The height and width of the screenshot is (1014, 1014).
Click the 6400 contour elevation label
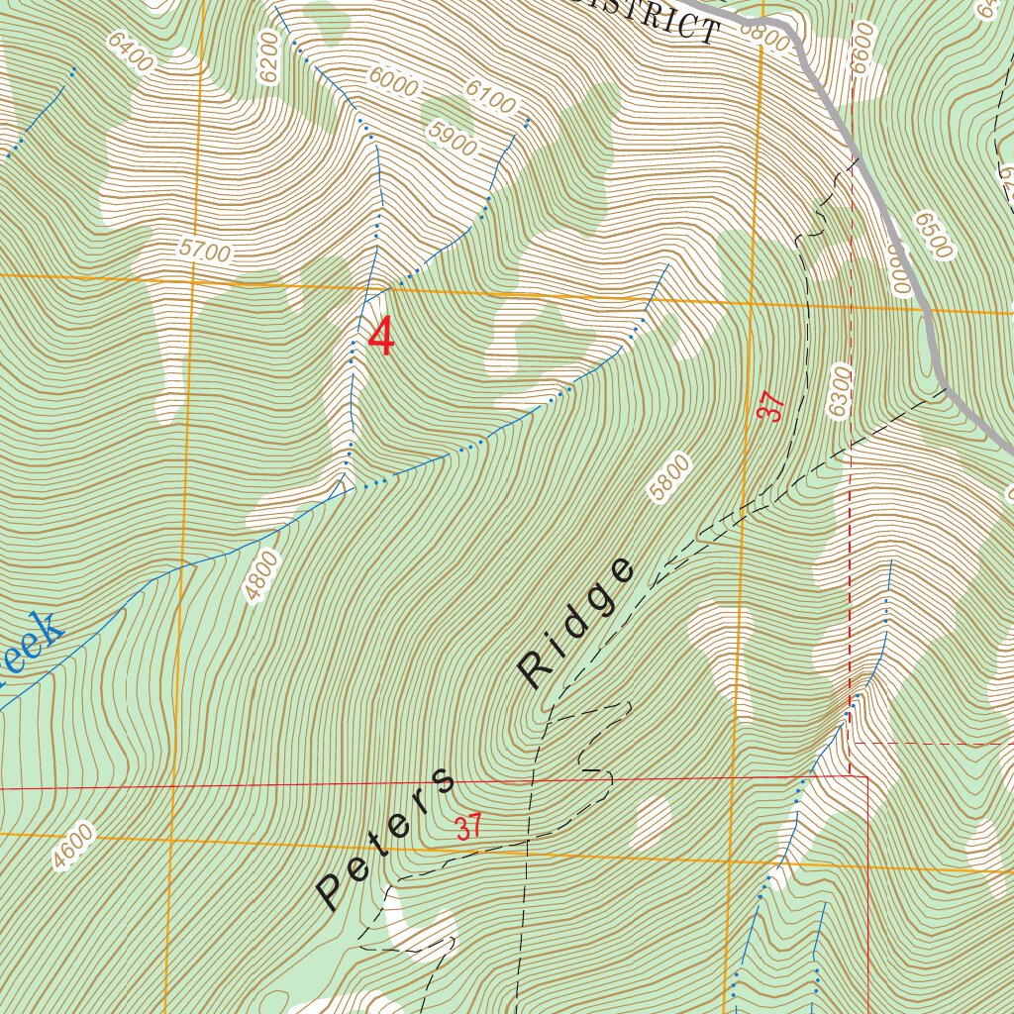pyautogui.click(x=132, y=51)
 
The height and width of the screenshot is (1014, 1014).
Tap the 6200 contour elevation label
pyautogui.click(x=266, y=55)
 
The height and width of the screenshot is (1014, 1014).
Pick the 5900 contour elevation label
pyautogui.click(x=454, y=140)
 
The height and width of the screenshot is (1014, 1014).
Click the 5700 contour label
pyautogui.click(x=205, y=253)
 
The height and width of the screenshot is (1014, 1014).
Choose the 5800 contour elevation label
pyautogui.click(x=669, y=478)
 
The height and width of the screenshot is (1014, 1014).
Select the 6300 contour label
pyautogui.click(x=841, y=391)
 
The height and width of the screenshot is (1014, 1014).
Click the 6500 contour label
pyautogui.click(x=933, y=235)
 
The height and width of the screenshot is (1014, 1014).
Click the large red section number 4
pyautogui.click(x=381, y=337)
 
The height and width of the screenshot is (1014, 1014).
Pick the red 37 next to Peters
pyautogui.click(x=468, y=827)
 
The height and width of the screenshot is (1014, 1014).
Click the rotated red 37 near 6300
pyautogui.click(x=773, y=407)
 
